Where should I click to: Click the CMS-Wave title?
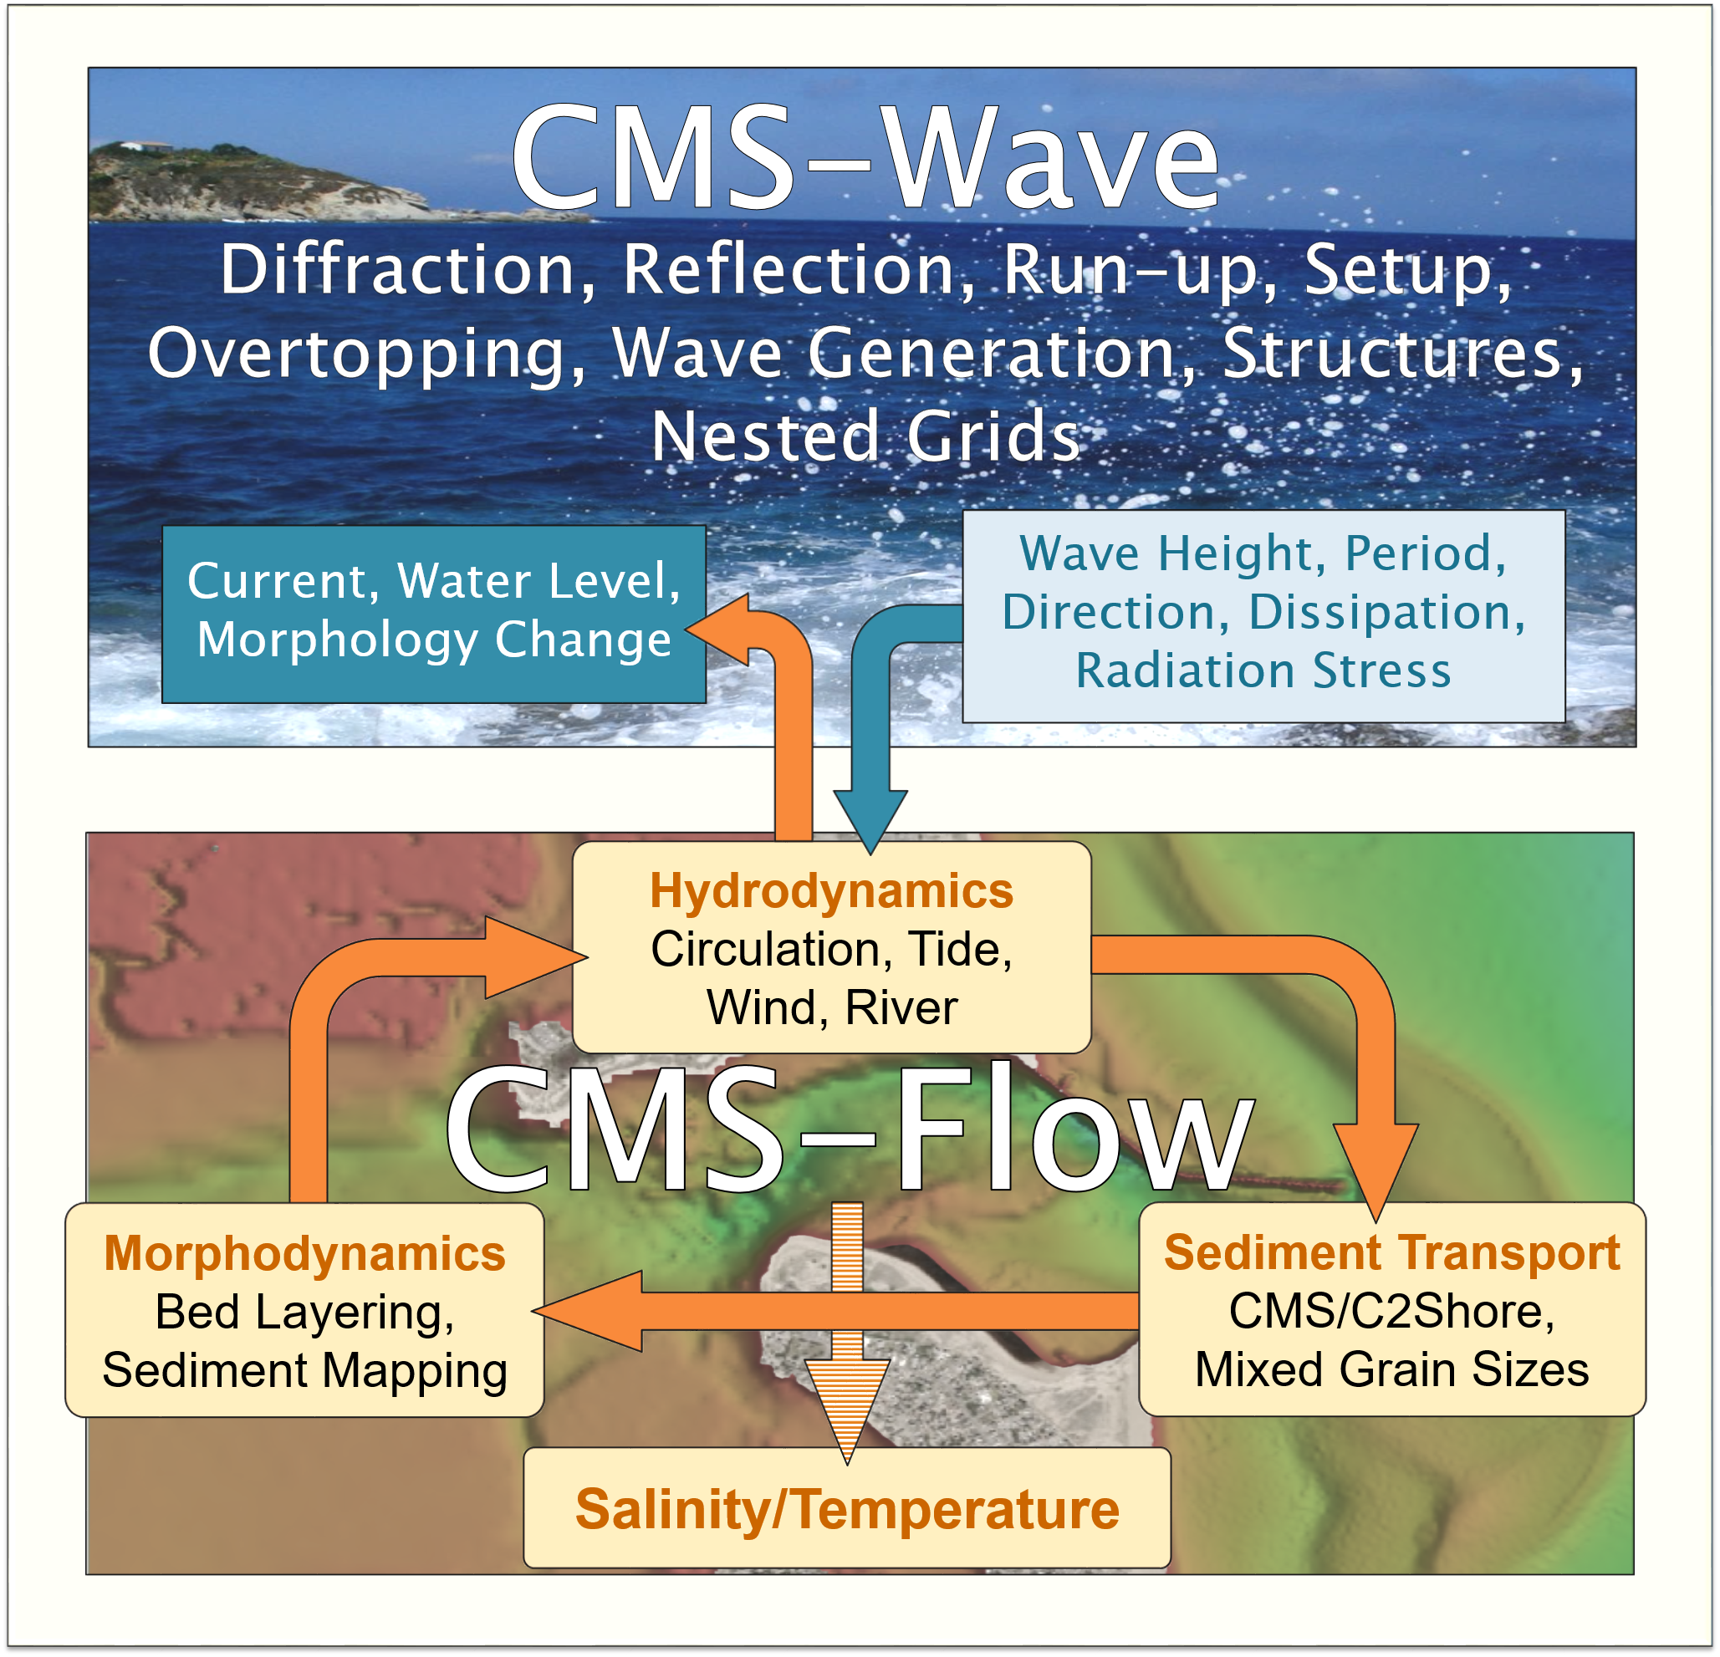[865, 157]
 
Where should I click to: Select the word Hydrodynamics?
[831, 890]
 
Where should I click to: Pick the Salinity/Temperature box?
[847, 1508]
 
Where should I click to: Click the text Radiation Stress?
[1263, 670]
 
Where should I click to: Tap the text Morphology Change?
[433, 640]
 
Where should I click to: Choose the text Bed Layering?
[304, 1313]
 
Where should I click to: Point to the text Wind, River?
[831, 1007]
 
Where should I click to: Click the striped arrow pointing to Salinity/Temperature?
[847, 1333]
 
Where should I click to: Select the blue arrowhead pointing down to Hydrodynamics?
[870, 820]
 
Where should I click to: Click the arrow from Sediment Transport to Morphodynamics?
[835, 1312]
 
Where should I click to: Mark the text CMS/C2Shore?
[1391, 1312]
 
